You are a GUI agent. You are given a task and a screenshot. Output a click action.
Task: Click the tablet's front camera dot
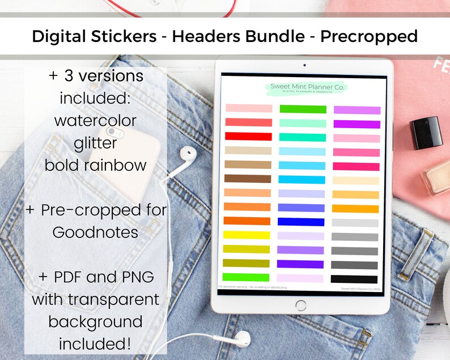click(304, 65)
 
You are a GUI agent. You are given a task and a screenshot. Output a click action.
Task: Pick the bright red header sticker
click(248, 136)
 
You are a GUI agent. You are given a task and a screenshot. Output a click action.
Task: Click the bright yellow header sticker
click(248, 235)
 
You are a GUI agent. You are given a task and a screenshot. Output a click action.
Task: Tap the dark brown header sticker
click(248, 179)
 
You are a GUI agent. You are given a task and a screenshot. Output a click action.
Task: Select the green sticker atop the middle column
click(302, 109)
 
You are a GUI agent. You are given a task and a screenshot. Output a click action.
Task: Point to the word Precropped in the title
click(369, 37)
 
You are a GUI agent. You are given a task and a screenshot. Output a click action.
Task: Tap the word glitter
click(96, 143)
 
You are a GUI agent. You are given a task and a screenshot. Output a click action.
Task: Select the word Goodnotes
click(96, 232)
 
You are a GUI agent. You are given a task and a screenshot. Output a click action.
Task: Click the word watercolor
click(96, 120)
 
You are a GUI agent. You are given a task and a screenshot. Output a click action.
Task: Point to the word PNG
click(139, 278)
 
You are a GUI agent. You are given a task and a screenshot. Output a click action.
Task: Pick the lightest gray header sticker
click(355, 223)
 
